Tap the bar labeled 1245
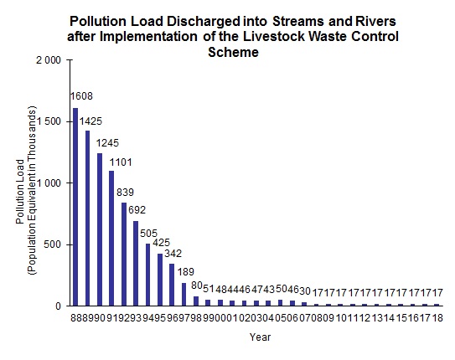coord(100,229)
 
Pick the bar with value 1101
coord(111,238)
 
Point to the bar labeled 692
coord(136,263)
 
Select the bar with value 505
coord(148,275)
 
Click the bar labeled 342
coord(173,285)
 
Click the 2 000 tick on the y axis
coord(46,60)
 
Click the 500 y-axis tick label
coord(51,244)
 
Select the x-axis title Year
coord(259,338)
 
